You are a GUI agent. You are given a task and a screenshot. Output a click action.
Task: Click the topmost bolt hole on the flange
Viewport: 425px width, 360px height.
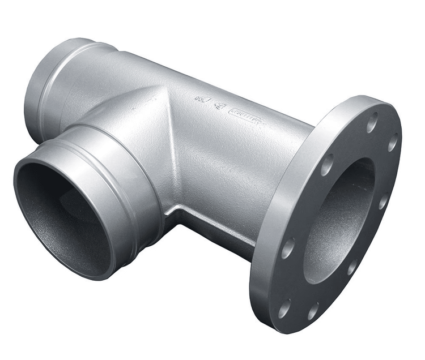tap(372, 122)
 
